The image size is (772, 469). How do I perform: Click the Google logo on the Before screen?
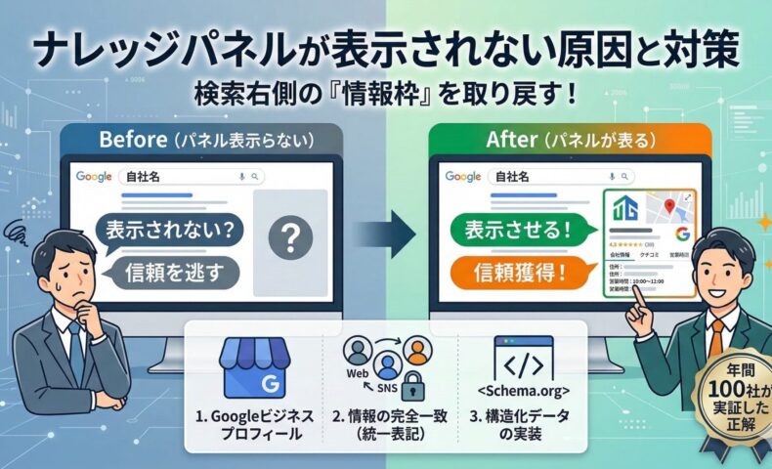pos(95,177)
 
